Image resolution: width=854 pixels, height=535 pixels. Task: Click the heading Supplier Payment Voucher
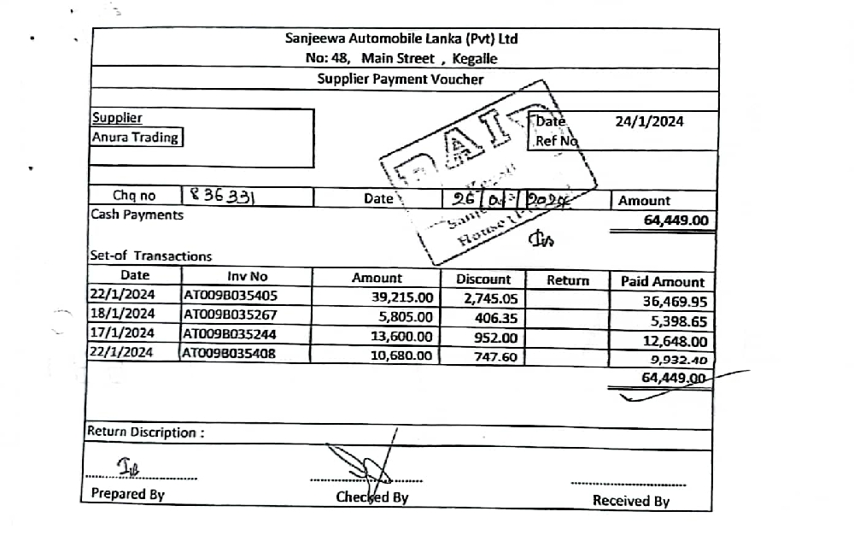pyautogui.click(x=401, y=79)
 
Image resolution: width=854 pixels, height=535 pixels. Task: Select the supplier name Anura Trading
pyautogui.click(x=135, y=137)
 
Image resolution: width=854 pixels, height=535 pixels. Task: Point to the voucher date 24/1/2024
pyautogui.click(x=649, y=121)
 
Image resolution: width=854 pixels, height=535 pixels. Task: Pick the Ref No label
pyautogui.click(x=557, y=141)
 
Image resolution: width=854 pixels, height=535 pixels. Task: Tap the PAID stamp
pyautogui.click(x=487, y=171)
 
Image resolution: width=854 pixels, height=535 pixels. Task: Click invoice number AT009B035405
pyautogui.click(x=231, y=296)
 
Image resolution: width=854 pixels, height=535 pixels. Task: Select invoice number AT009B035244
pyautogui.click(x=231, y=333)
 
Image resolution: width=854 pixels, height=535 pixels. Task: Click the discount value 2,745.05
pyautogui.click(x=490, y=297)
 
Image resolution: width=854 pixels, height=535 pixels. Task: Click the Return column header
pyautogui.click(x=568, y=279)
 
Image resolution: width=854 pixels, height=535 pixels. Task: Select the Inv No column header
pyautogui.click(x=247, y=277)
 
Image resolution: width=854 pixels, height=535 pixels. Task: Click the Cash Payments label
pyautogui.click(x=137, y=215)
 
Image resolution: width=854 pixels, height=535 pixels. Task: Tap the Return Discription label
pyautogui.click(x=145, y=432)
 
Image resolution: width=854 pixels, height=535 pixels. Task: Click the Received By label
pyautogui.click(x=631, y=502)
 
